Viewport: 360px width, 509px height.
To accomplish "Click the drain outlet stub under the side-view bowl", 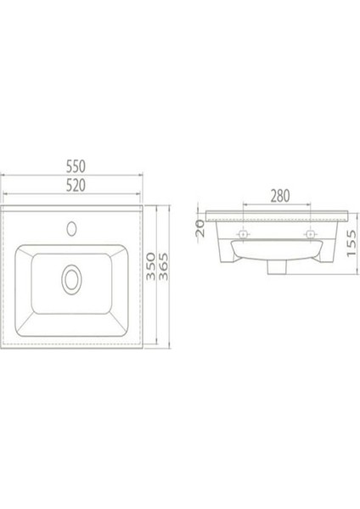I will click(278, 268).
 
